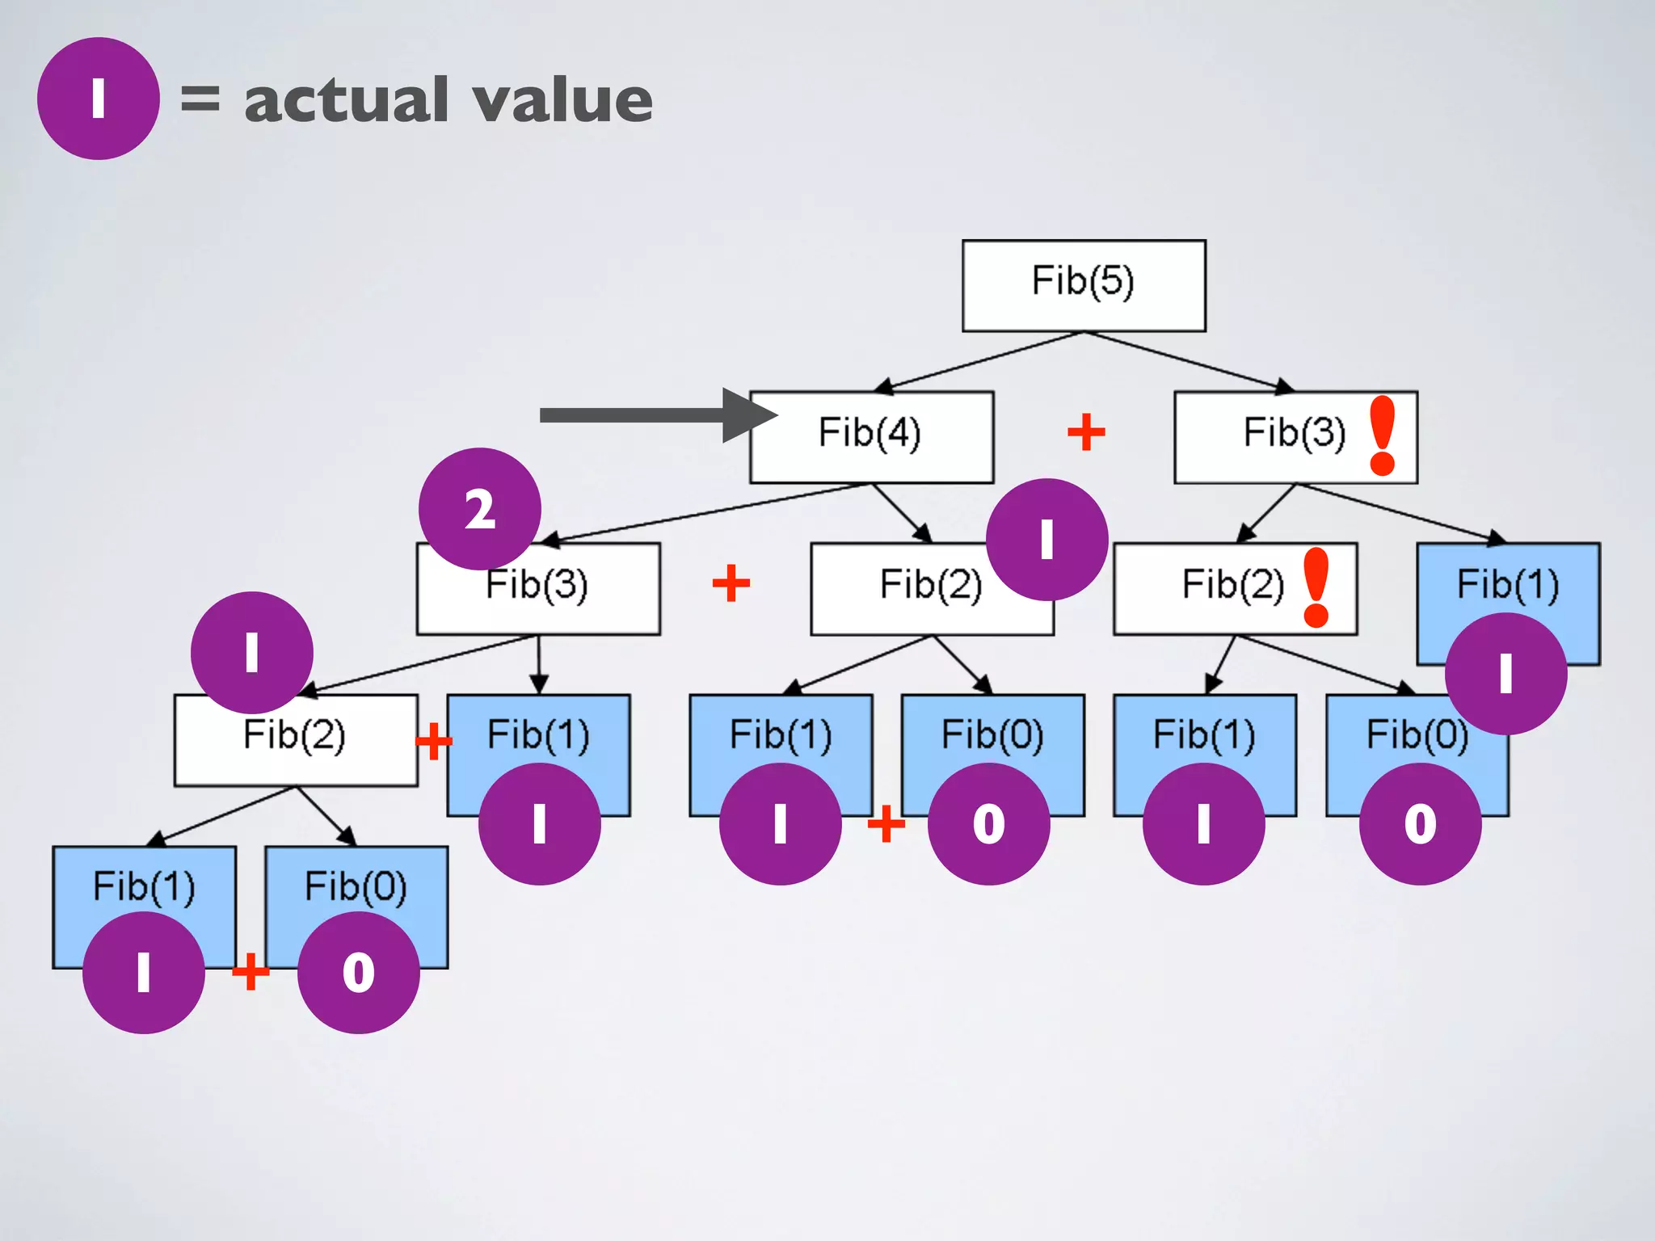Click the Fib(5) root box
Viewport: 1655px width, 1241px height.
click(1083, 285)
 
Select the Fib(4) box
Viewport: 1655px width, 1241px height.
click(871, 436)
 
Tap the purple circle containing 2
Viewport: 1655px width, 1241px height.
click(480, 509)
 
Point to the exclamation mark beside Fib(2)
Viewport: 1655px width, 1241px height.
click(1316, 587)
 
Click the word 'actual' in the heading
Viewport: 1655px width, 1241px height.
click(346, 100)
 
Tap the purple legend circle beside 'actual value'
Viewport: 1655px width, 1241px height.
click(98, 99)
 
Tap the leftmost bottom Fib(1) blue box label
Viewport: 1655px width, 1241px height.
click(144, 886)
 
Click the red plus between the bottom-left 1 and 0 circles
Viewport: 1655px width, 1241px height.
click(251, 971)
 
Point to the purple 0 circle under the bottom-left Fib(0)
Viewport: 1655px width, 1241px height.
click(359, 972)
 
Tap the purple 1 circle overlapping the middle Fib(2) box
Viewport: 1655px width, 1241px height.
click(1046, 539)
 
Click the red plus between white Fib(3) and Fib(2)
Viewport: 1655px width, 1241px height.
click(731, 583)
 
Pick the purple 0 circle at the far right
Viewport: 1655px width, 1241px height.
click(1420, 824)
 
